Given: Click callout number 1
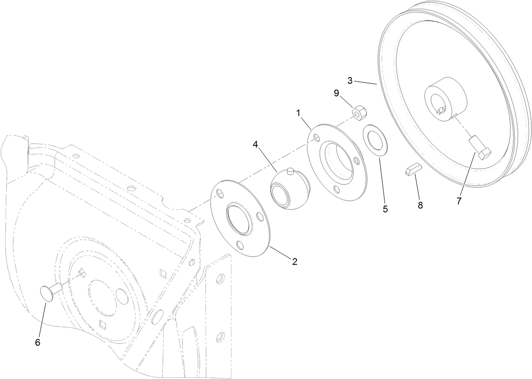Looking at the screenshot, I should click(298, 113).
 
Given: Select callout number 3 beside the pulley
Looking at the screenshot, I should click(351, 80).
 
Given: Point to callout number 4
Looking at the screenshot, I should click(255, 144).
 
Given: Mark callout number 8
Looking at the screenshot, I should click(420, 205).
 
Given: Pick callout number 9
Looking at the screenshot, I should click(337, 93).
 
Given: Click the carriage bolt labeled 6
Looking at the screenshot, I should click(50, 292).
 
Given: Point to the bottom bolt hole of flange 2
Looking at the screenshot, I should click(240, 245).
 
